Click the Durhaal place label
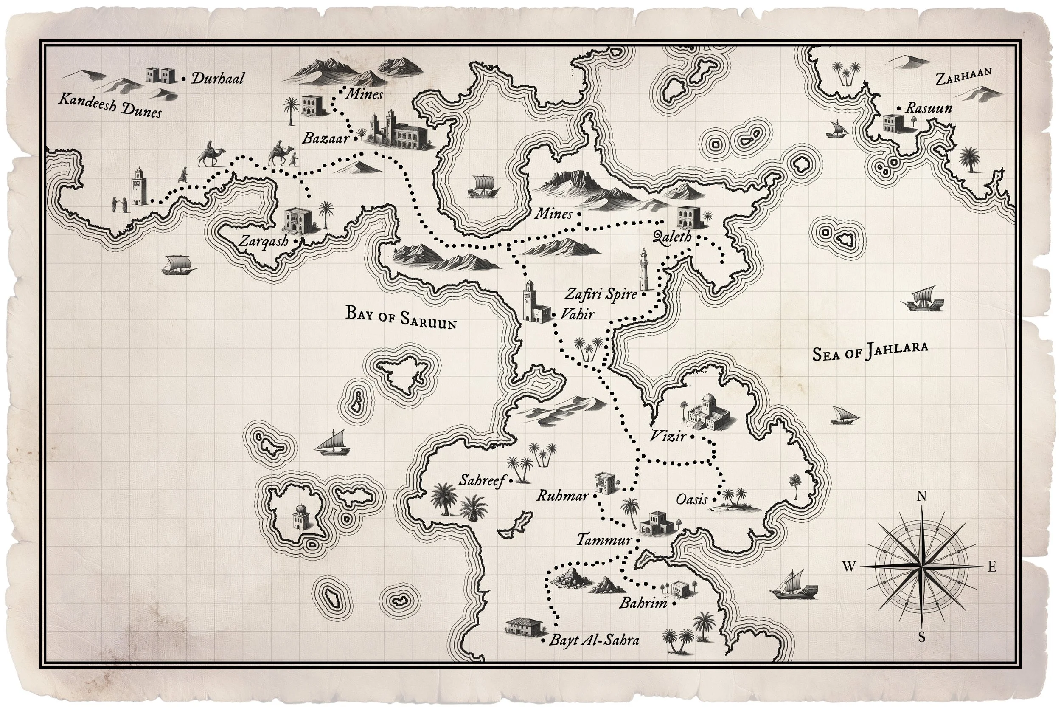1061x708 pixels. [217, 79]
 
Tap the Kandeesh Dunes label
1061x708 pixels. [110, 105]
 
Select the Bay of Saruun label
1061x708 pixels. [401, 317]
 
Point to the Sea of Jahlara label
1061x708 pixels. [870, 351]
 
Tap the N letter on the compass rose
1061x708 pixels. [922, 496]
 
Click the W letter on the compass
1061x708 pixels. [848, 567]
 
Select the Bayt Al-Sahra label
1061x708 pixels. [594, 640]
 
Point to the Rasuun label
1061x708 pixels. [929, 108]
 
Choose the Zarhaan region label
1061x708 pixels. [963, 77]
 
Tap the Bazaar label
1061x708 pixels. [325, 138]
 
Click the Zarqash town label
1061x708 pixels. [264, 241]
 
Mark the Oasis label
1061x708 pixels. [691, 499]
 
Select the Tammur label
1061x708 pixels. [604, 539]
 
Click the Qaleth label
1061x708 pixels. [672, 237]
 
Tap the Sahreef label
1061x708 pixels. [481, 480]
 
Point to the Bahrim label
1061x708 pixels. [643, 603]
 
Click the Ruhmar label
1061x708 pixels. [562, 496]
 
